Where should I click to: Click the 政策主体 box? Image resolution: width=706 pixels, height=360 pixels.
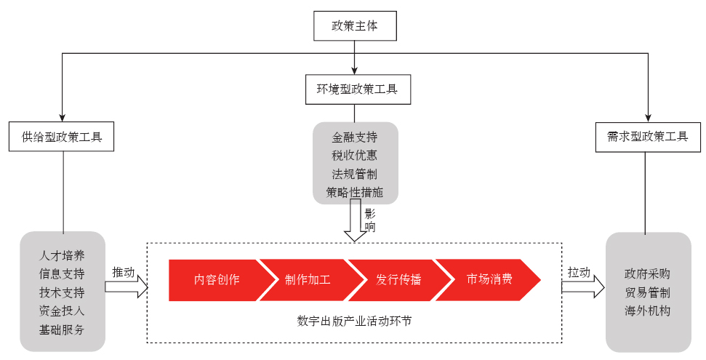coord(354,26)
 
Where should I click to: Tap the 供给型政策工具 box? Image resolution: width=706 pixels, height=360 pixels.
coord(61,136)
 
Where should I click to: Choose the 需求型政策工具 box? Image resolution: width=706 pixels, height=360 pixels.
coord(647,136)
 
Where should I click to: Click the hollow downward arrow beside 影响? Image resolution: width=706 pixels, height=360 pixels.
coord(356,221)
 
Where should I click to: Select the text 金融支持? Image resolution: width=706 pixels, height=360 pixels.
coord(355,137)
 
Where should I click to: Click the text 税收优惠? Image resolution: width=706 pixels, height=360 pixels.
coord(355,155)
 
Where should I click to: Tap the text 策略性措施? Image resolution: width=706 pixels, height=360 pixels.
coord(355,193)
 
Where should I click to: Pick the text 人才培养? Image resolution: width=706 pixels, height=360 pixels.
coord(62,255)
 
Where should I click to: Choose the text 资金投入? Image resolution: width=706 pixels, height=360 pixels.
coord(62,311)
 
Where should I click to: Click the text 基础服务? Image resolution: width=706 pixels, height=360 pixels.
coord(62,329)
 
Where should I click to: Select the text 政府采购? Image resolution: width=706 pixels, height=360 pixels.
coord(647,274)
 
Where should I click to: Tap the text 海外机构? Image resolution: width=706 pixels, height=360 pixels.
coord(647,311)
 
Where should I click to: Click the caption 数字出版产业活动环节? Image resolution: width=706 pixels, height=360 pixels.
coord(354,320)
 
